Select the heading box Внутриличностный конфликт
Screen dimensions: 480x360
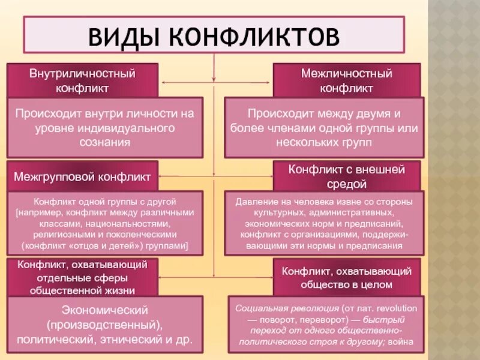pos(82,80)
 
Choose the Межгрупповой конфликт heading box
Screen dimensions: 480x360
pos(82,177)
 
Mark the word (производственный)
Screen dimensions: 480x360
pos(104,325)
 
